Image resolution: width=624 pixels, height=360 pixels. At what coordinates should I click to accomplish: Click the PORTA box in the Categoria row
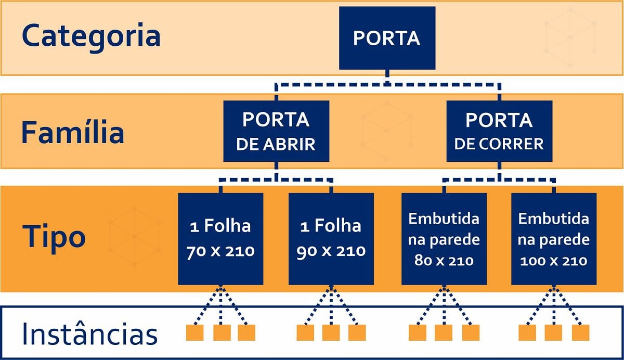(387, 38)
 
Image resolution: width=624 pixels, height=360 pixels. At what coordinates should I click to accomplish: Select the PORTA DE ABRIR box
(276, 131)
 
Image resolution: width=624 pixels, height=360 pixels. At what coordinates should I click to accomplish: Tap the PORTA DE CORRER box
(499, 131)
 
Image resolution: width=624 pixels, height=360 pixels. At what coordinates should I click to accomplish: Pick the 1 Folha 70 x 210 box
(220, 239)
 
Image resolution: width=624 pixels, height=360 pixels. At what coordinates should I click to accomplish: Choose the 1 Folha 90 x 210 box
(331, 239)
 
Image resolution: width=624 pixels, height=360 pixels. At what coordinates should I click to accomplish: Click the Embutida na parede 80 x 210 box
(444, 239)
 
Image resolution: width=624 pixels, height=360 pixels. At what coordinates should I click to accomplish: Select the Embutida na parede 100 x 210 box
(554, 239)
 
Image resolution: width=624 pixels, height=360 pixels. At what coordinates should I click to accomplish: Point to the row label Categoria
(91, 36)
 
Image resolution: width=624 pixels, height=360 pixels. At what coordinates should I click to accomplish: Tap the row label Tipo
(54, 237)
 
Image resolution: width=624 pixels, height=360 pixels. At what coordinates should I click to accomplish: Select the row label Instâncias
(89, 335)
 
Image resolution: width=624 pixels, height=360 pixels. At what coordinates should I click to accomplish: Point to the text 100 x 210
(554, 260)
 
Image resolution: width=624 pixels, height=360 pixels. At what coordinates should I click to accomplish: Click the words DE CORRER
(499, 143)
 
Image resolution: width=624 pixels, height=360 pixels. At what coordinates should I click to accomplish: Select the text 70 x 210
(220, 251)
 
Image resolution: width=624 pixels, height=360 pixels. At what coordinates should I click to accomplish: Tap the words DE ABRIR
(276, 144)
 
